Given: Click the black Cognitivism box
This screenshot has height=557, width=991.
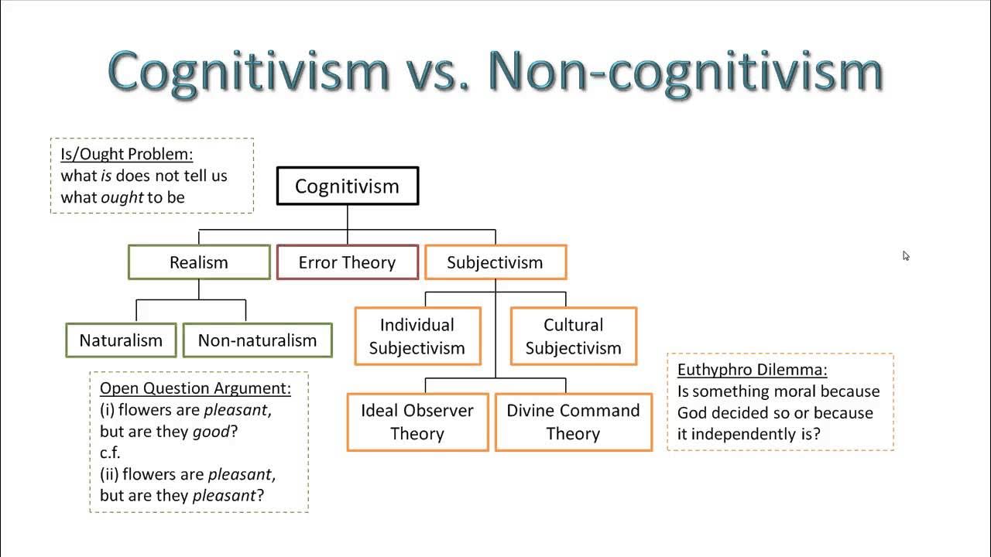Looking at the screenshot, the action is click(x=348, y=186).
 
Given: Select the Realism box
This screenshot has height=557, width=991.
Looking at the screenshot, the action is click(x=199, y=262).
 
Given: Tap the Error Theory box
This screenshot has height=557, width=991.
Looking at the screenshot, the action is click(x=348, y=262).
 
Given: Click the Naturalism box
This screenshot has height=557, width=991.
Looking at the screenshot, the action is click(x=121, y=340).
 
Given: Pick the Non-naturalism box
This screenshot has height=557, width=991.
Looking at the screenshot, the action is click(x=258, y=340).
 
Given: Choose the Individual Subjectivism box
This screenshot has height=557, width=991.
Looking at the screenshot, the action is click(x=417, y=336).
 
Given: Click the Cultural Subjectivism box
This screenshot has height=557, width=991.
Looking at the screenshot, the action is click(x=574, y=336).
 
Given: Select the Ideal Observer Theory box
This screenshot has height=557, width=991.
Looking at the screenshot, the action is click(x=417, y=422).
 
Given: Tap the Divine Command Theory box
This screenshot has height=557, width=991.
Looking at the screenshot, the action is click(x=574, y=422).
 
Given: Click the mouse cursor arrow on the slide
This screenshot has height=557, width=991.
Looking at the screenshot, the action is click(x=906, y=256).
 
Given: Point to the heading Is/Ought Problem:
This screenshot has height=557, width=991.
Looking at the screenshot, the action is click(x=127, y=154).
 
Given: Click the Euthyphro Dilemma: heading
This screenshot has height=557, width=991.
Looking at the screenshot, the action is click(x=752, y=370).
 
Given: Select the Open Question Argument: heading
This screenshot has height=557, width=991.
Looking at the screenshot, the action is click(x=195, y=388).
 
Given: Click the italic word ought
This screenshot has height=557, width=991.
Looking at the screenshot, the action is click(x=122, y=197).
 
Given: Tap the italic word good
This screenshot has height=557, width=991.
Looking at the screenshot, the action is click(x=211, y=431).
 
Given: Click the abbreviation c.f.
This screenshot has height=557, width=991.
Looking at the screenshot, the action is click(x=110, y=453).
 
